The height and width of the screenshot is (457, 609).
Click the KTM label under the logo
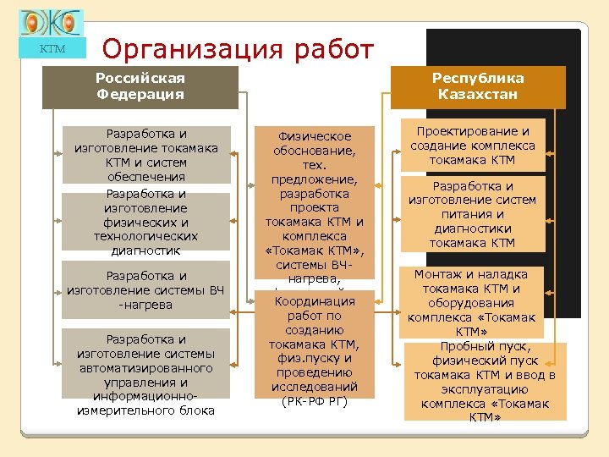point(52,49)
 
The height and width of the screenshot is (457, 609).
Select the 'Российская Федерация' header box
point(140,86)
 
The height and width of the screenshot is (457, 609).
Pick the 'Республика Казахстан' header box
point(478,86)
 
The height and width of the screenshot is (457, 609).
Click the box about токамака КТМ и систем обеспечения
point(146,155)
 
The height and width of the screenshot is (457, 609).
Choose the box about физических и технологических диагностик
point(146,222)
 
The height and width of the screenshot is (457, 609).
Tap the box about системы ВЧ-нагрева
point(146,289)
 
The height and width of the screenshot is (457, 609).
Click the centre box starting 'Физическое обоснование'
point(314,203)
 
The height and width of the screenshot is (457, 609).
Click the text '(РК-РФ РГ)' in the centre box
point(314,401)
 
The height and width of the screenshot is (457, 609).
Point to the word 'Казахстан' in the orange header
point(478,94)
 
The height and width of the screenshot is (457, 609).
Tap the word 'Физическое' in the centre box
point(314,135)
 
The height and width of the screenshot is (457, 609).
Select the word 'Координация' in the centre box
point(314,300)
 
